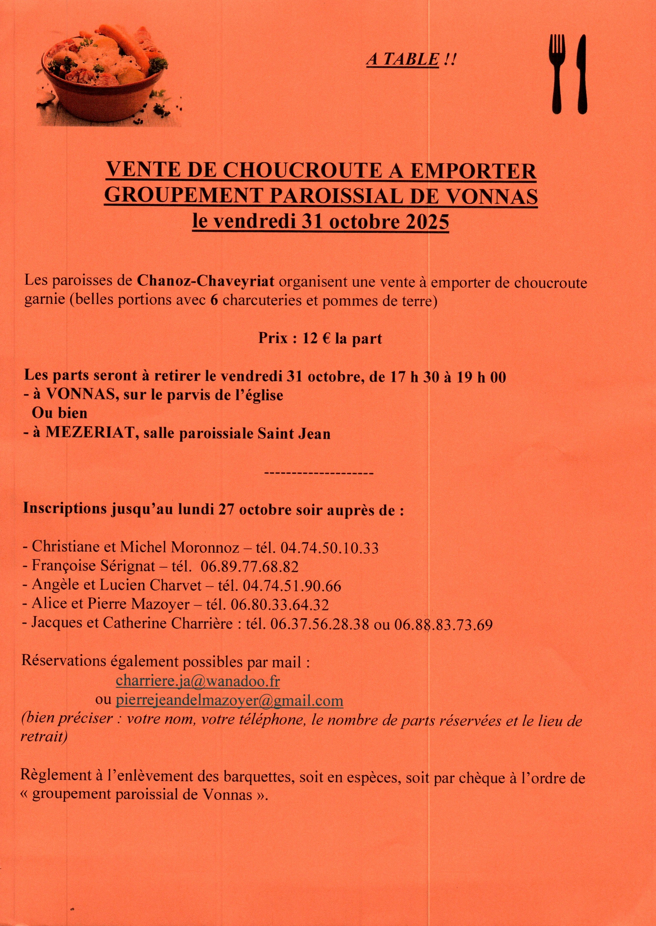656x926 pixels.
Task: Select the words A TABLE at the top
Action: (402, 60)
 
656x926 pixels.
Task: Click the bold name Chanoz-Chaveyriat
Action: (206, 281)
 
